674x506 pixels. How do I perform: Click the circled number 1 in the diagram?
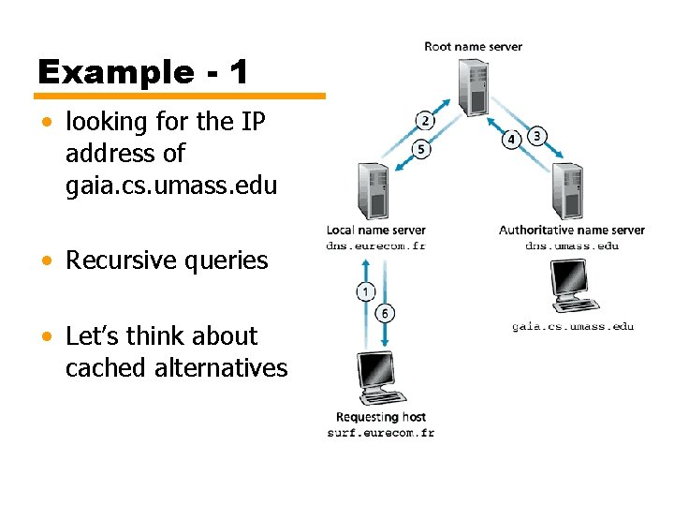(366, 292)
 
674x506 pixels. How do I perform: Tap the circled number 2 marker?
(425, 120)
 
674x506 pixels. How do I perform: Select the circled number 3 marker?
(536, 135)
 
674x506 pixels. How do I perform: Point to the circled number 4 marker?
(511, 140)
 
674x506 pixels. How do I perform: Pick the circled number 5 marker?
(421, 149)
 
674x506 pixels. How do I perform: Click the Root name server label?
(473, 46)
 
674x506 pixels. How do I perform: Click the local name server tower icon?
(372, 190)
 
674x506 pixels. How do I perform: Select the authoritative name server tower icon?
(568, 190)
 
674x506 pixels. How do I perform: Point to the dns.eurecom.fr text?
(375, 246)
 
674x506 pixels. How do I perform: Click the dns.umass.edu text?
(571, 246)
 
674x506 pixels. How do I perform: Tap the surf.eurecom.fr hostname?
(380, 433)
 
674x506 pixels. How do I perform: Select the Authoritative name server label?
(571, 230)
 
